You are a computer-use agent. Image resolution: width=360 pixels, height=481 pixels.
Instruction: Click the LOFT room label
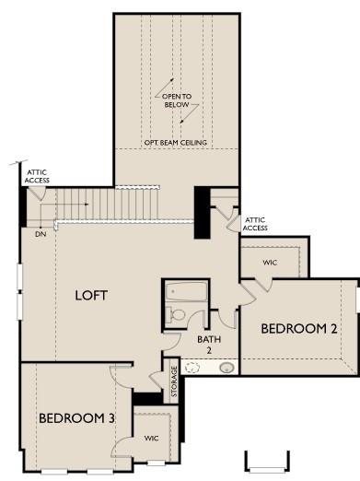[x=91, y=295]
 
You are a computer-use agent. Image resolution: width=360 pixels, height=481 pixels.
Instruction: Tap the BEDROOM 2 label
[x=299, y=329]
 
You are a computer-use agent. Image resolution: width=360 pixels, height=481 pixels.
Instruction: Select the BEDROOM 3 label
[x=76, y=418]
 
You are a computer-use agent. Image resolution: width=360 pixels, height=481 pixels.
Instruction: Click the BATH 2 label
[x=209, y=345]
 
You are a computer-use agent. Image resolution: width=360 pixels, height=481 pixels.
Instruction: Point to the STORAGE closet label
[x=174, y=381]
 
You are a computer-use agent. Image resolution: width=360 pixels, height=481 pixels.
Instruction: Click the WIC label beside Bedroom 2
[x=270, y=263]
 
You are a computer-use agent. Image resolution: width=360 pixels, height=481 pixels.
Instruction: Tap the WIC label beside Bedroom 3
[x=151, y=439]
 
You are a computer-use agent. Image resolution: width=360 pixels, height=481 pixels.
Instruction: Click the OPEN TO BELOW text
[x=177, y=100]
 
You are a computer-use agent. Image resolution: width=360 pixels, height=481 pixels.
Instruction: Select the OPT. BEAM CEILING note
[x=176, y=143]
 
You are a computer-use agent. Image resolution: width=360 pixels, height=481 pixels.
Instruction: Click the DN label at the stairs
[x=41, y=234]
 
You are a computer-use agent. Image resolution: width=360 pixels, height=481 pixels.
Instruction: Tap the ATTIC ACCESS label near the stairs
[x=37, y=176]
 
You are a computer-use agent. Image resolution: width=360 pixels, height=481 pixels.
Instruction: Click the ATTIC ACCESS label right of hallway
[x=255, y=224]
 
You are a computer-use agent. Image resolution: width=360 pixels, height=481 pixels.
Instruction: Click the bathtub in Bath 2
[x=186, y=291]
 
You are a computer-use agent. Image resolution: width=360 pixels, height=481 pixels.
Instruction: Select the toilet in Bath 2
[x=175, y=315]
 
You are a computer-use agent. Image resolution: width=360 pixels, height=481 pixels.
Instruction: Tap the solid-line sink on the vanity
[x=226, y=368]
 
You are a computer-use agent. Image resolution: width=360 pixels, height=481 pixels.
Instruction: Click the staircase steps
[x=108, y=205]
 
